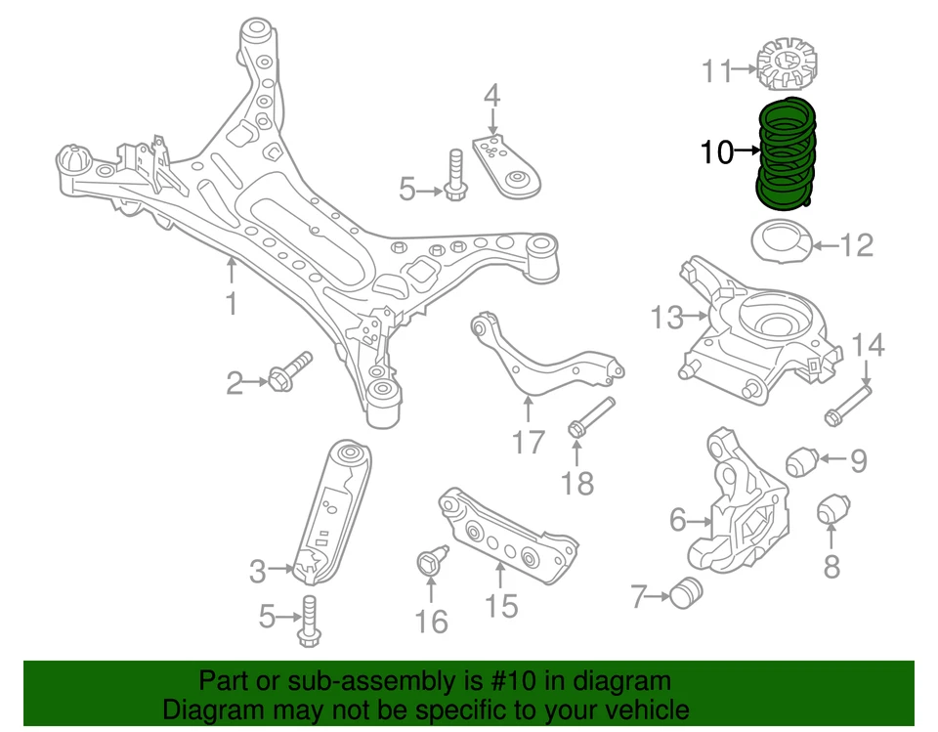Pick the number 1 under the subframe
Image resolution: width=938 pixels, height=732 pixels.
pyautogui.click(x=231, y=304)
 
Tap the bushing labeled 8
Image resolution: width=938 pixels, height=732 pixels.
pyautogui.click(x=832, y=509)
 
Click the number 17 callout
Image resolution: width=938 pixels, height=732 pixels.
pyautogui.click(x=528, y=445)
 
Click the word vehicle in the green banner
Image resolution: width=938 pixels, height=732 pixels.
pyautogui.click(x=643, y=710)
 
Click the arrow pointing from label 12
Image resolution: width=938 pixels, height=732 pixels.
pyautogui.click(x=825, y=244)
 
